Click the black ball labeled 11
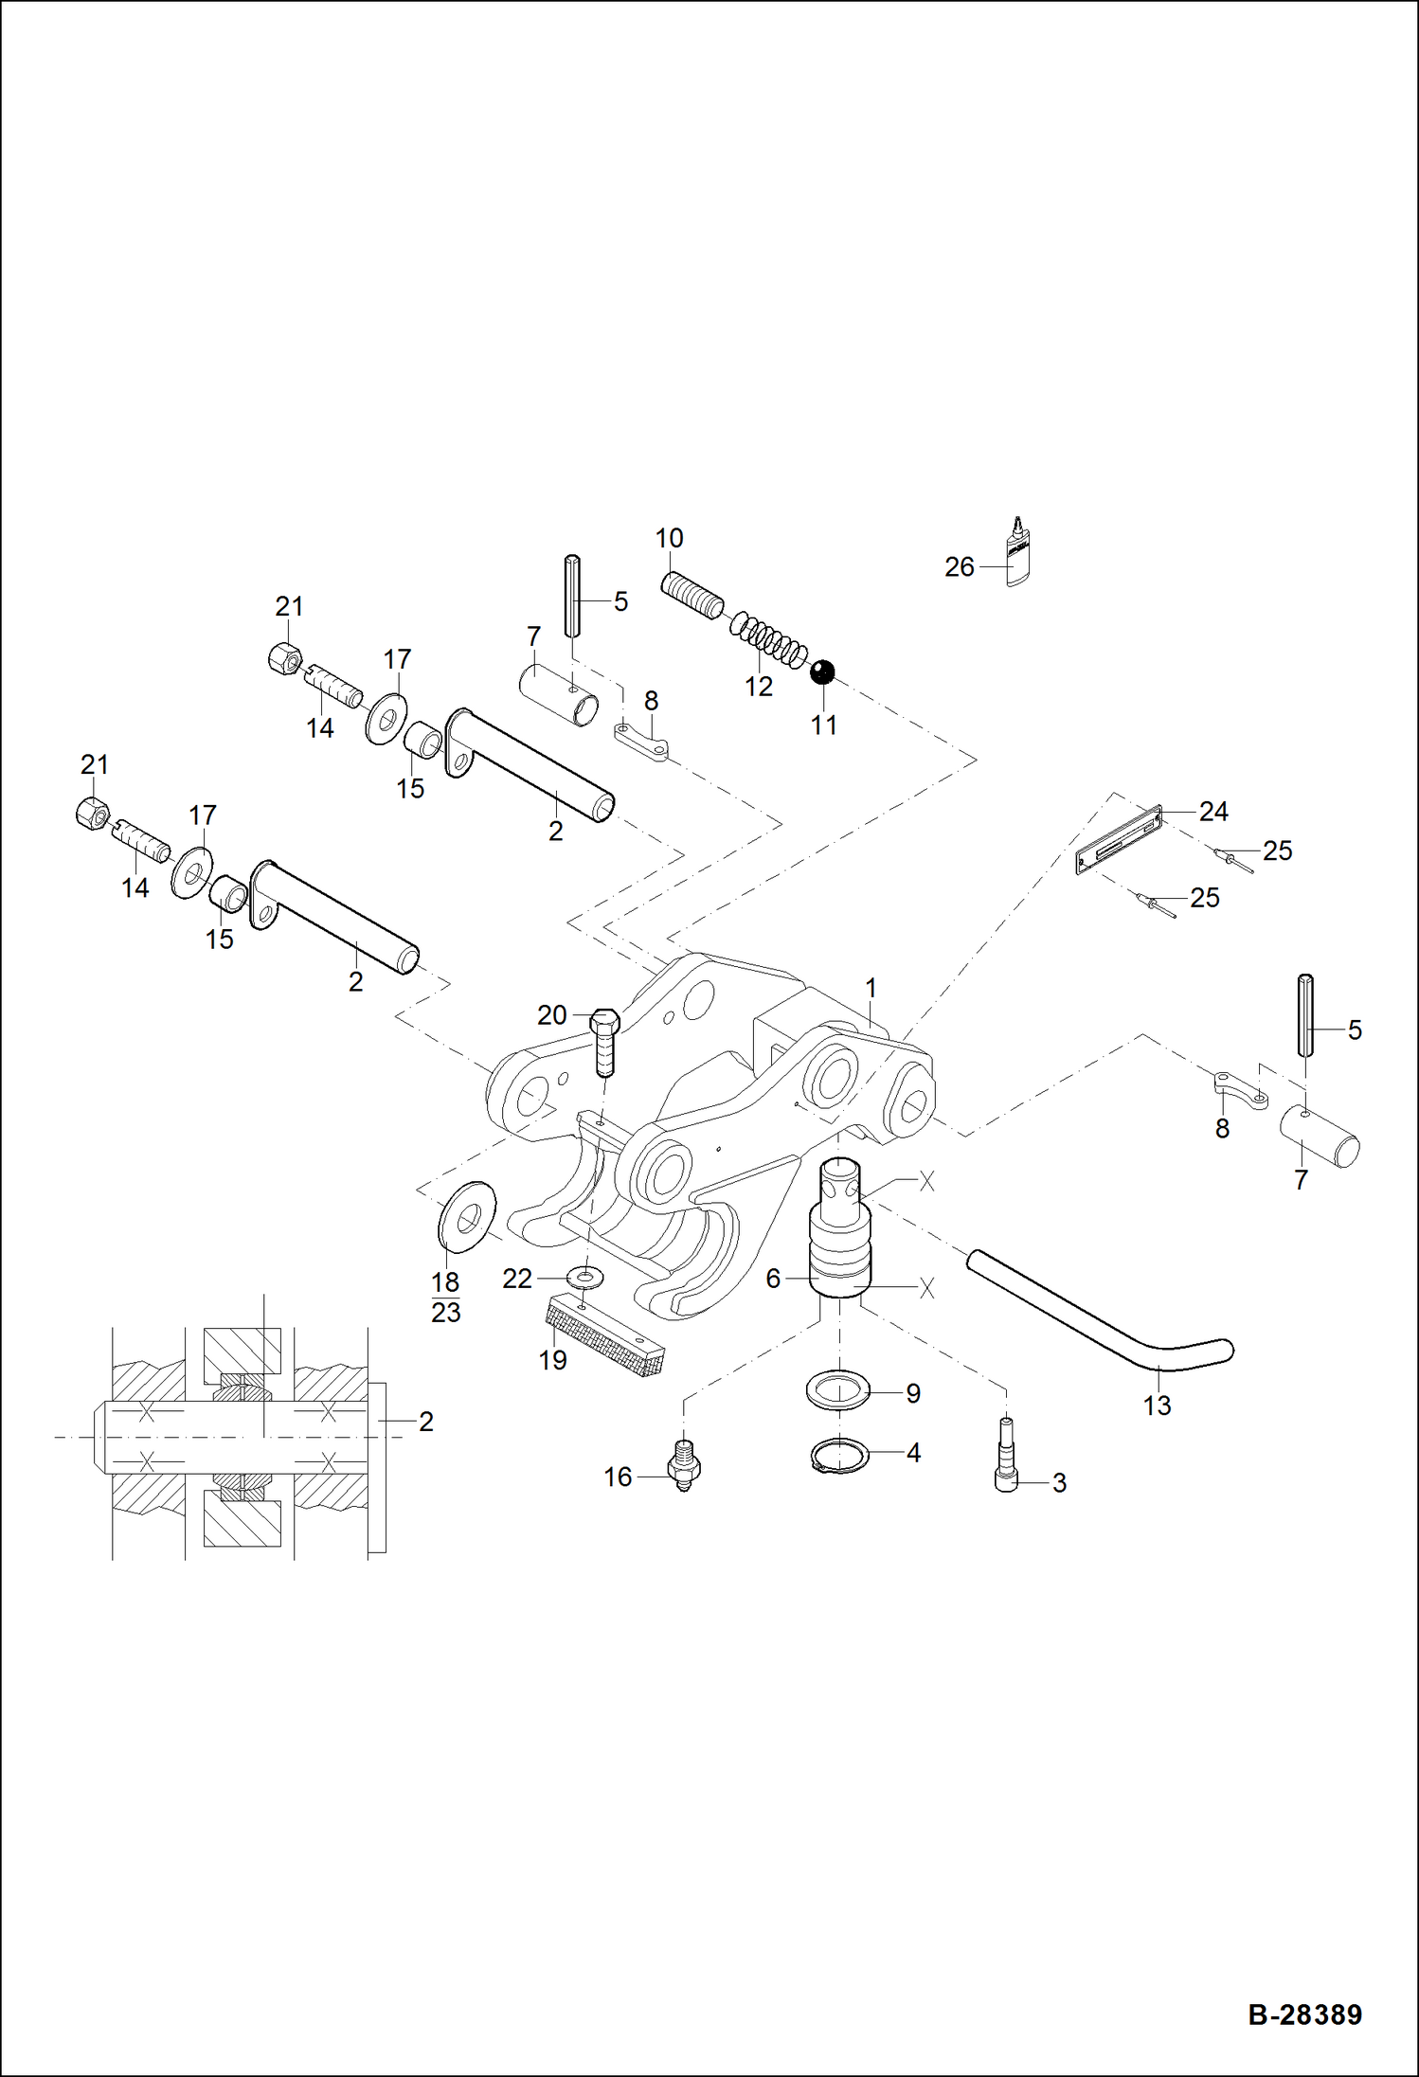click(822, 672)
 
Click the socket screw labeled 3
click(1006, 1459)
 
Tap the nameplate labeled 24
click(1118, 841)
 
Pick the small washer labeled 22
click(586, 1279)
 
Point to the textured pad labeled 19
click(604, 1337)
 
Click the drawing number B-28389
click(1304, 2014)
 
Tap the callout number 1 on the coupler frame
click(871, 988)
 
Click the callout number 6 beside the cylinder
click(773, 1279)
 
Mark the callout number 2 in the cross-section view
click(426, 1422)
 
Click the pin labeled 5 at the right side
click(1305, 1015)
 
